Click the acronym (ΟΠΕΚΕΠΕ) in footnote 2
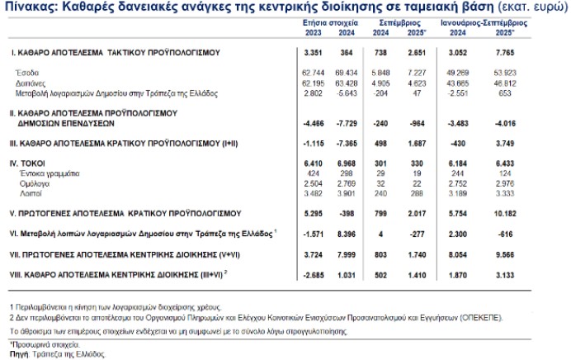(x=484, y=316)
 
